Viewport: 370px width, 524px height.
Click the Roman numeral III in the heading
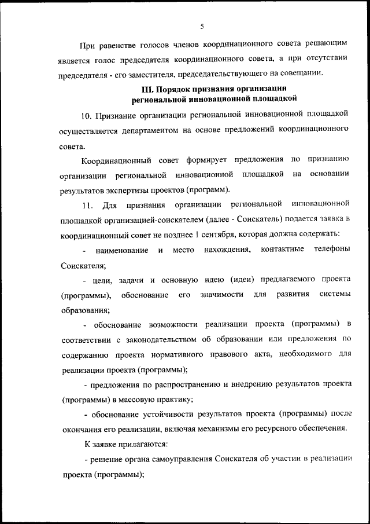147,89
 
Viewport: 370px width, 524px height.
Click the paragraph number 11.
88,205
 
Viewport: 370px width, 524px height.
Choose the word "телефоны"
332,250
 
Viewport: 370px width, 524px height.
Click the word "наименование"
122,251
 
